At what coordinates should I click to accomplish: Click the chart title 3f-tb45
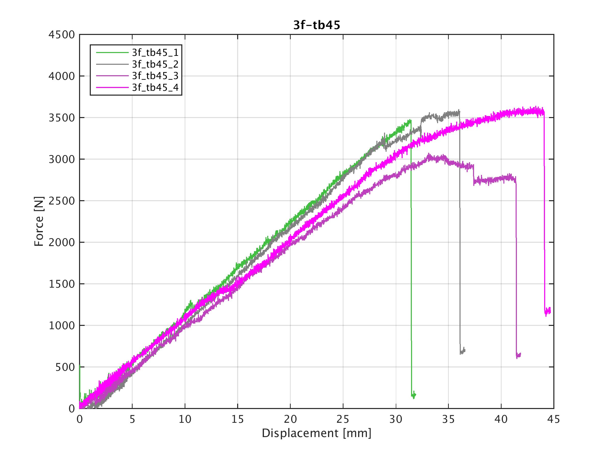(x=316, y=25)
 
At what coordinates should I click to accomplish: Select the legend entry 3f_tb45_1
(x=155, y=52)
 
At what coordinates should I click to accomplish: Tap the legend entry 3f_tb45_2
(x=155, y=64)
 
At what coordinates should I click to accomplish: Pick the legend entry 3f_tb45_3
(x=155, y=75)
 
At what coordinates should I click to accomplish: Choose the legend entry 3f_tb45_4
(x=155, y=87)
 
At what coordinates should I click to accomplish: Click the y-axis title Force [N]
(x=39, y=221)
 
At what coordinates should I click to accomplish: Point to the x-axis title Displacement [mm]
(x=316, y=433)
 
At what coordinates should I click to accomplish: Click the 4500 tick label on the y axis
(x=61, y=35)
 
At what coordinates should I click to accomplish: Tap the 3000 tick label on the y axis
(x=61, y=159)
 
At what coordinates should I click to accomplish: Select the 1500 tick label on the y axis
(x=61, y=284)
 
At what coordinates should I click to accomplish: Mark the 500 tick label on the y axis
(x=65, y=367)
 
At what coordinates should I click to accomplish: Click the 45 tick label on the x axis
(x=553, y=419)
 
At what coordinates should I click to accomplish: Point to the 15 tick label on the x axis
(x=237, y=419)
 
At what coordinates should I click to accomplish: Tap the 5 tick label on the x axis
(x=132, y=419)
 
